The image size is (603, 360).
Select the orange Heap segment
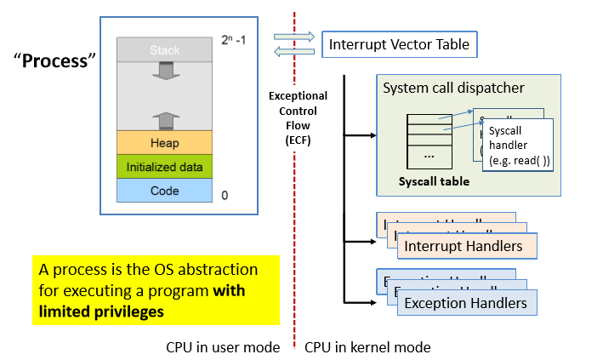point(164,142)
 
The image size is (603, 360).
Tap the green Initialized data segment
point(164,166)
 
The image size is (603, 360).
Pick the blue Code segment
point(164,190)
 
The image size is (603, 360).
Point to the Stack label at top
point(164,51)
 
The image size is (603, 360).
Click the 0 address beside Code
point(225,195)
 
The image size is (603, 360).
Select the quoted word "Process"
point(55,62)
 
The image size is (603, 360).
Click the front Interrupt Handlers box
point(463,246)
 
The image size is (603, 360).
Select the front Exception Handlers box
point(465,303)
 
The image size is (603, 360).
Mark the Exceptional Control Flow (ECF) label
point(298,117)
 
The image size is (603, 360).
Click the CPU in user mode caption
point(223,347)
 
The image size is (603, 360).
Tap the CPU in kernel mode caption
point(367,347)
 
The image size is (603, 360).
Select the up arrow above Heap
point(164,118)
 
